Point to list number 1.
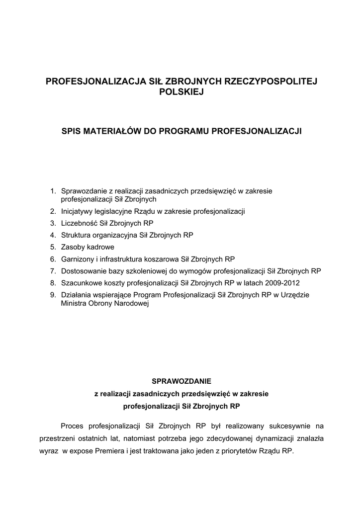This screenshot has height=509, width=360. pos(53,190)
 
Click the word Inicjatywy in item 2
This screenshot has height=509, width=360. pos(77,211)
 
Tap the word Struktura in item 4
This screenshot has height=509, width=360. pos(76,235)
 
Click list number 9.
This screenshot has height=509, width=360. pos(53,295)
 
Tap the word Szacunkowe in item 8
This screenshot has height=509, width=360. pos(81,283)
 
